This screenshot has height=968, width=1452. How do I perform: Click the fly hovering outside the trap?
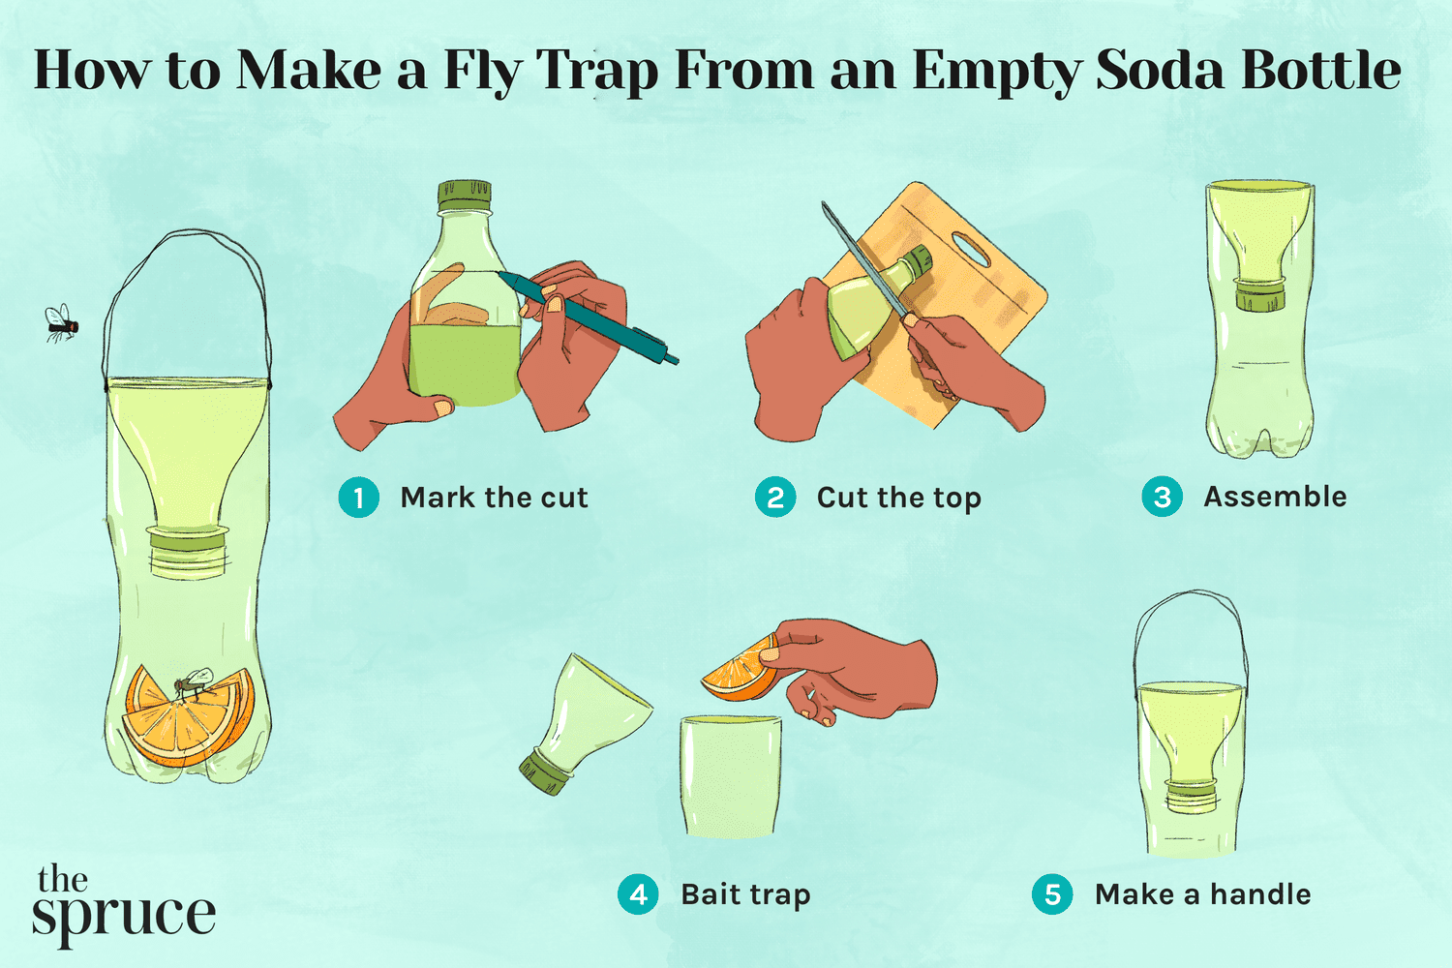tap(61, 323)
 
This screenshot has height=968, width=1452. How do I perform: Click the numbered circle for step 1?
tap(359, 498)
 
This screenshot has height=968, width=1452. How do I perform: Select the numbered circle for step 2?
tap(775, 498)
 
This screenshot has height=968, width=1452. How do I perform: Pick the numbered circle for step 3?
tap(1162, 497)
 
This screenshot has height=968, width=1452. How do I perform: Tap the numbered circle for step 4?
tap(638, 894)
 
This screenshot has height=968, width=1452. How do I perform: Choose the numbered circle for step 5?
tap(1052, 894)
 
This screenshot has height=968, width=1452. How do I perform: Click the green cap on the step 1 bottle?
tap(465, 196)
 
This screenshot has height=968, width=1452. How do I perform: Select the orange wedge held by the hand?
tap(741, 670)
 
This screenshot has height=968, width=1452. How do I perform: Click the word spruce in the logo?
tap(123, 916)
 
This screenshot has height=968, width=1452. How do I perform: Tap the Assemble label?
tap(1275, 497)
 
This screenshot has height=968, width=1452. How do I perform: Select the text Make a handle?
tap(1202, 894)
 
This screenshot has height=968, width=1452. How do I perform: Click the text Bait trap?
tap(745, 894)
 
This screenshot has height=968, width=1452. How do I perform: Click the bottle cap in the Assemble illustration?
tap(1259, 294)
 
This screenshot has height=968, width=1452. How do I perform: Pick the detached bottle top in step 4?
tap(581, 721)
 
